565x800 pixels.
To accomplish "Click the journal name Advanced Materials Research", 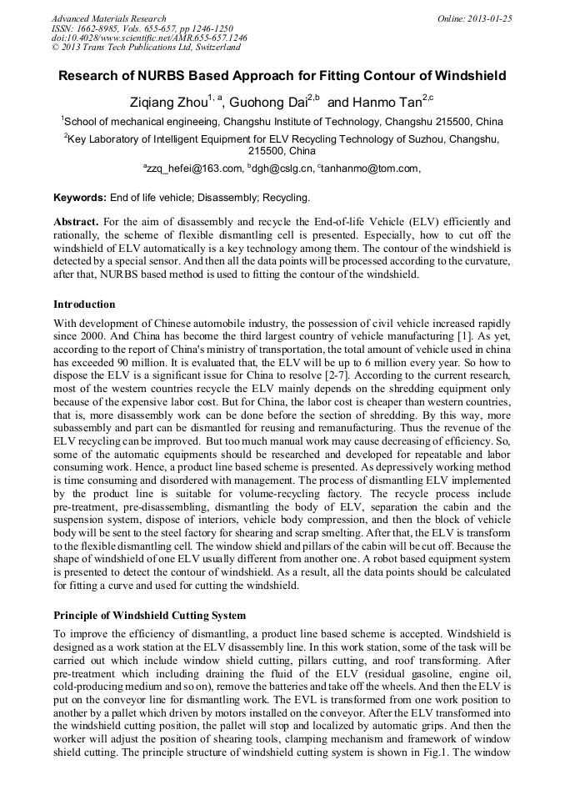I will [x=108, y=18].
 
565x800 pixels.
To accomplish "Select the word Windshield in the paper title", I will [x=467, y=76].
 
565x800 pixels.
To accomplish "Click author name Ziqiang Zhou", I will [x=167, y=103].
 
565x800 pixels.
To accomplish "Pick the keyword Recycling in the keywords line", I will [x=286, y=198].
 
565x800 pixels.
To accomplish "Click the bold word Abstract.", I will [x=76, y=223].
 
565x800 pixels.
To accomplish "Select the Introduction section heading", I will [x=84, y=304].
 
